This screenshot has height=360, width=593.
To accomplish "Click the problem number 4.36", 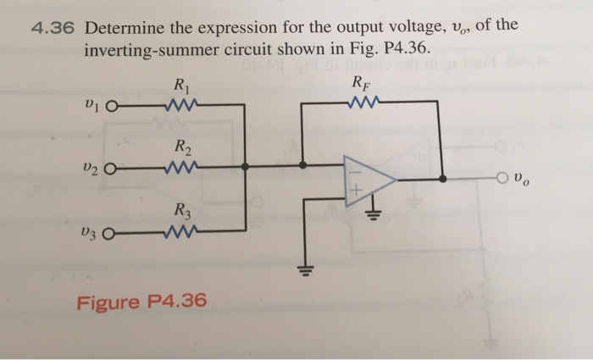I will pyautogui.click(x=53, y=29).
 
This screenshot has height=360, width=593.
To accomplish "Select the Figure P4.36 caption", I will pyautogui.click(x=141, y=302).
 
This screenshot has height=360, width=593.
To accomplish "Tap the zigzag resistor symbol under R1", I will pyautogui.click(x=183, y=105).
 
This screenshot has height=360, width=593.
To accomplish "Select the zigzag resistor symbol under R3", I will pyautogui.click(x=183, y=230).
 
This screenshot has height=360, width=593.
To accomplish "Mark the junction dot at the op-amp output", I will pyautogui.click(x=445, y=179).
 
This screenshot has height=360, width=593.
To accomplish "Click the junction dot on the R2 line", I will pyautogui.click(x=246, y=167).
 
